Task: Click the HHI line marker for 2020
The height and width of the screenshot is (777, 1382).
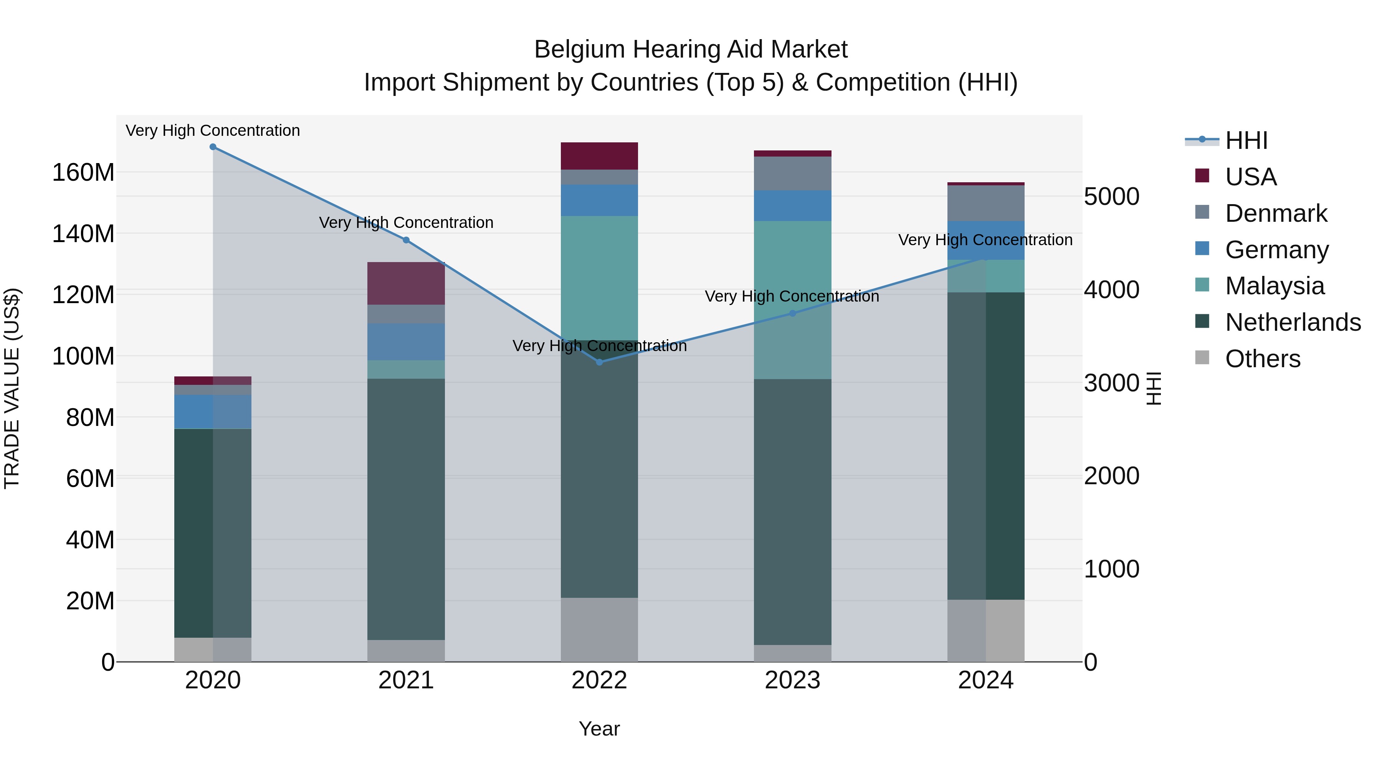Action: (x=213, y=147)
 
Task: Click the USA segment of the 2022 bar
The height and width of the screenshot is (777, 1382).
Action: (x=599, y=156)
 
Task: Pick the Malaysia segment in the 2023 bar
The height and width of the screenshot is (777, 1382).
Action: (x=792, y=300)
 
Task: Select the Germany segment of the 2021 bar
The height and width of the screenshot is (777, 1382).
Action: (x=406, y=341)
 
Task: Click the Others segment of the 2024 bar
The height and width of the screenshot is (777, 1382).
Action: (x=985, y=630)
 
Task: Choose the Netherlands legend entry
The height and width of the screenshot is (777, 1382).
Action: (x=1293, y=323)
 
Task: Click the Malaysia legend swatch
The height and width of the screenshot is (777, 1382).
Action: (x=1202, y=285)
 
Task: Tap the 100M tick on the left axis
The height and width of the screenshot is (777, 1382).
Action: (x=83, y=356)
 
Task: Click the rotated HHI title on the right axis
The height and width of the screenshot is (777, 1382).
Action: (x=1154, y=388)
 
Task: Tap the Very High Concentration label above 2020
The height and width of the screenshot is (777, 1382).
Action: (x=213, y=131)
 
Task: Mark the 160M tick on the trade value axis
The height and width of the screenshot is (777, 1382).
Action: (x=83, y=173)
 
